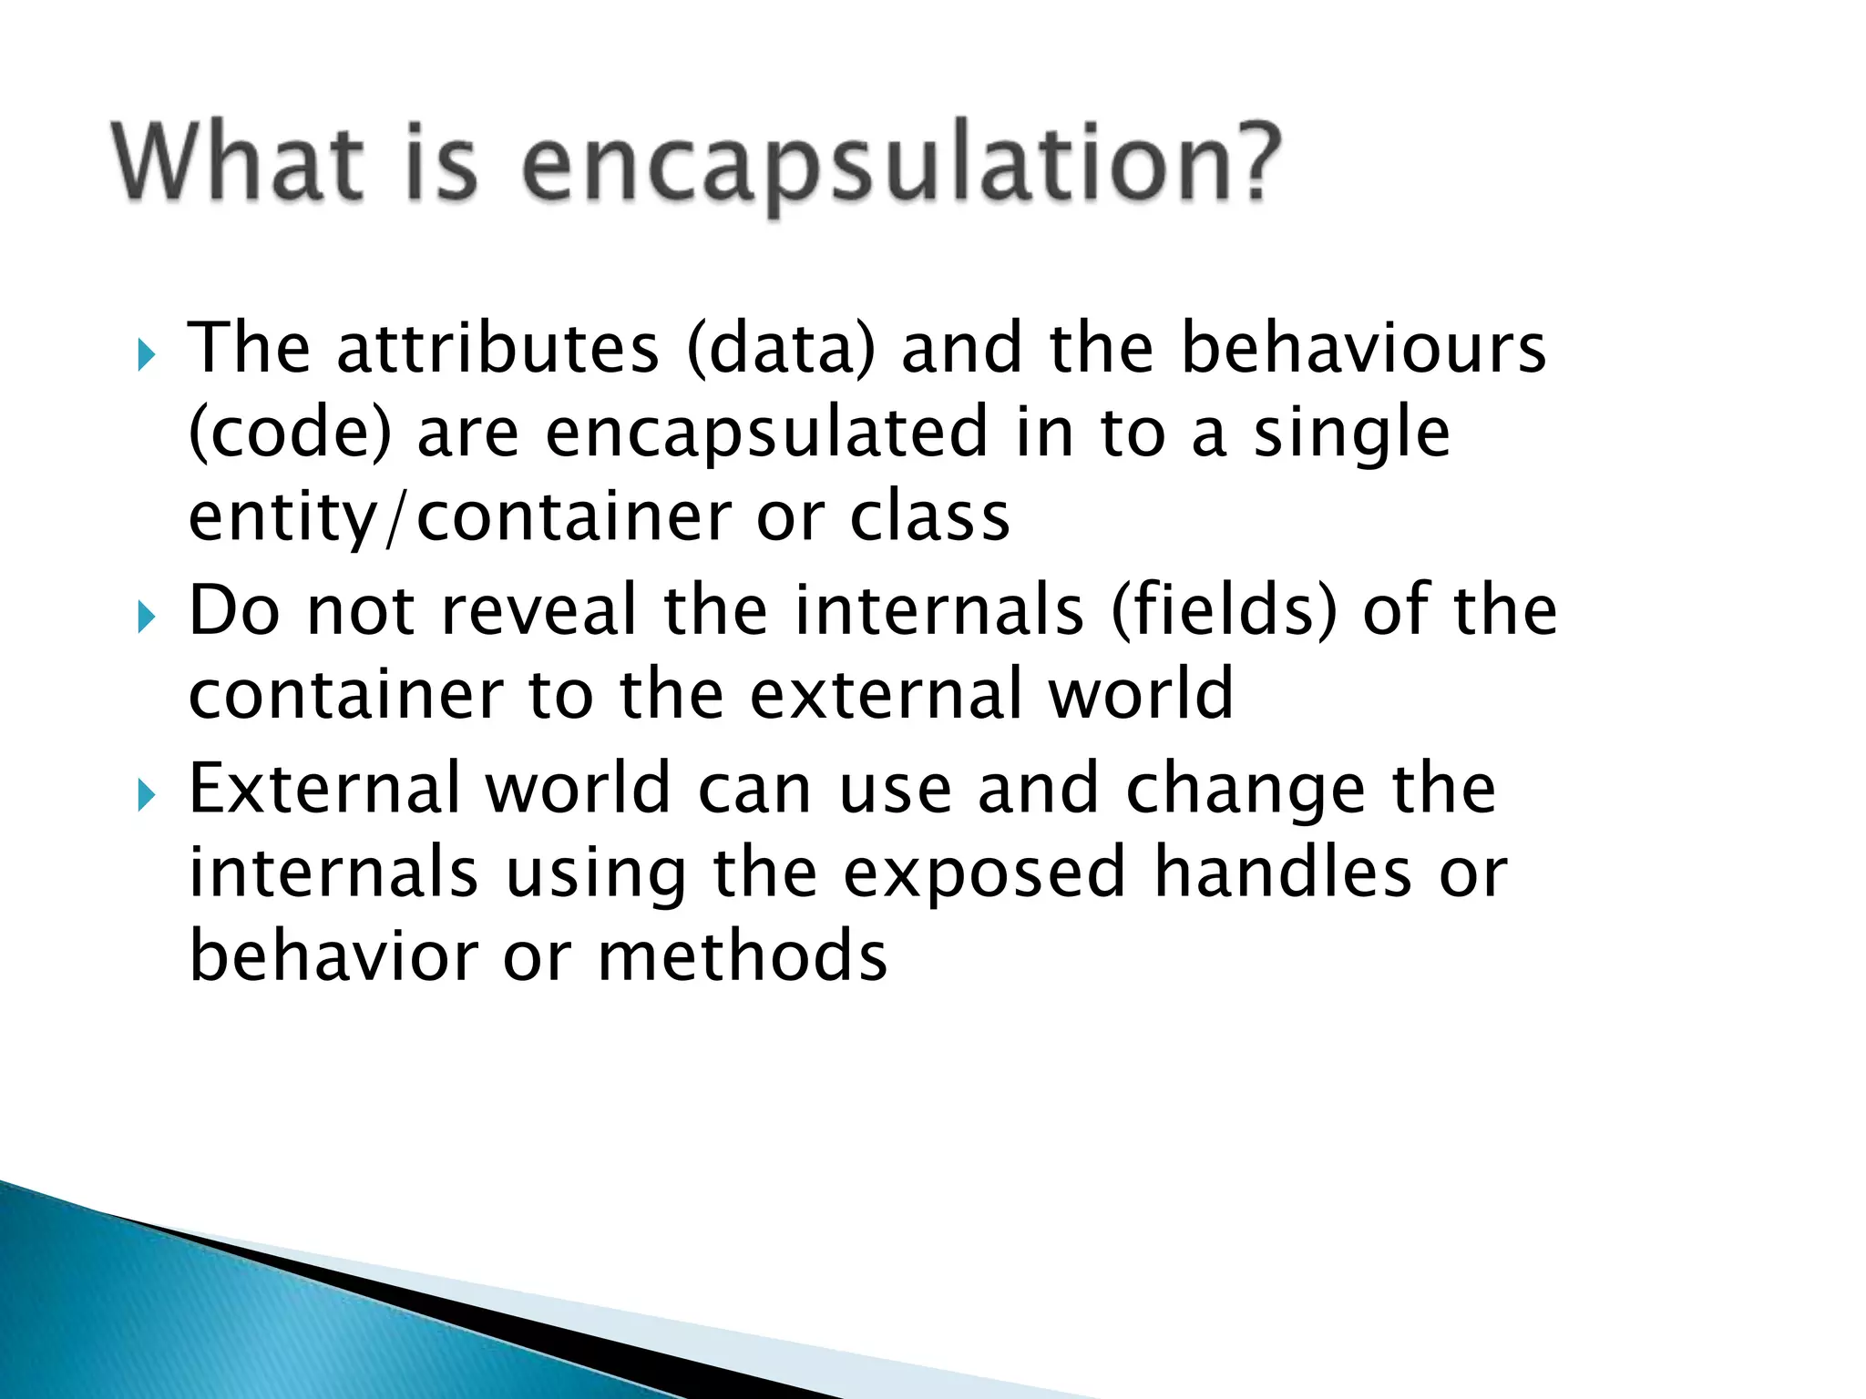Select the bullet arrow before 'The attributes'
click(147, 354)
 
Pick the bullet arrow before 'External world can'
click(147, 795)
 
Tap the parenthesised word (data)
click(781, 350)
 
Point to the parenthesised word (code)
click(290, 434)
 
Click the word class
click(930, 516)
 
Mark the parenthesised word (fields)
click(1225, 611)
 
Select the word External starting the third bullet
click(324, 788)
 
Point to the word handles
click(1283, 873)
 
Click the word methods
click(743, 956)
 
